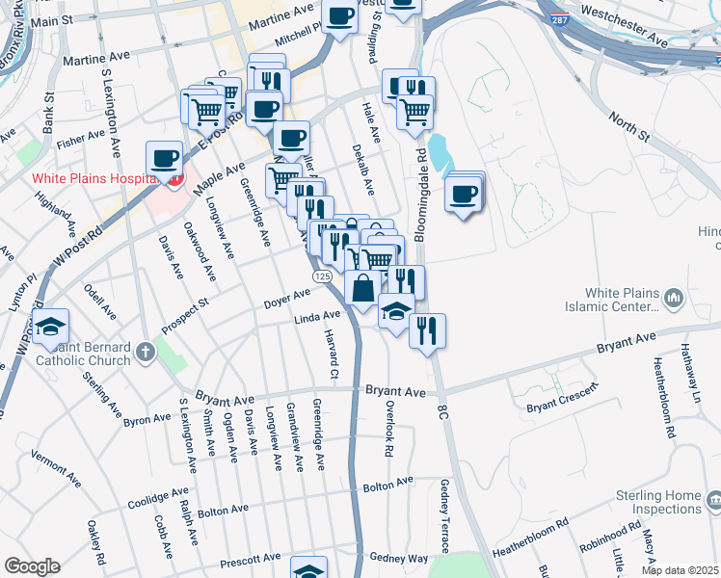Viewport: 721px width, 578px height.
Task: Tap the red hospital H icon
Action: [x=174, y=179]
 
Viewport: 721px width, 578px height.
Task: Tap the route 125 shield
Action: [x=323, y=276]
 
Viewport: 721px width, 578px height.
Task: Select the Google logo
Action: [x=31, y=565]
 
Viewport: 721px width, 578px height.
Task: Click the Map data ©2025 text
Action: [x=680, y=570]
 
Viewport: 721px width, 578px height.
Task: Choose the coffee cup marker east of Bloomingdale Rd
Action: [x=465, y=195]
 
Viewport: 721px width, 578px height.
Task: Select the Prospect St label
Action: [x=184, y=315]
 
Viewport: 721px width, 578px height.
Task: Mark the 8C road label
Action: [x=443, y=411]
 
